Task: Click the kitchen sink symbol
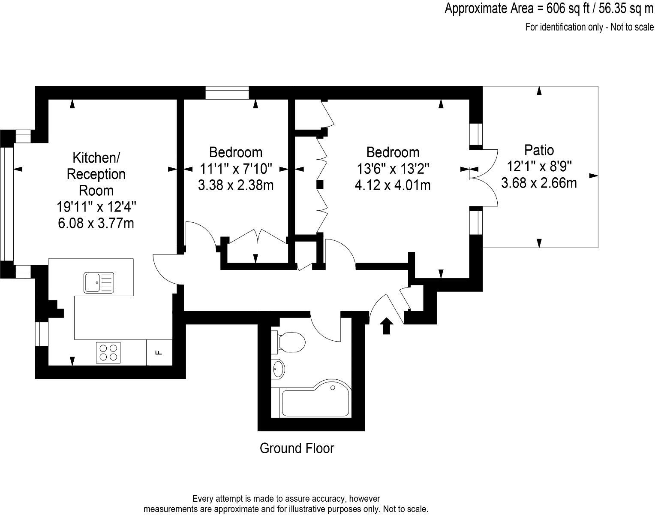pos(99,282)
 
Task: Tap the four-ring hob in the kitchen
pos(108,352)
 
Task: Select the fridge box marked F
pos(159,352)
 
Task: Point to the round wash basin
pos(278,369)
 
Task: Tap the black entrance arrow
pos(387,326)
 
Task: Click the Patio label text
pos(539,150)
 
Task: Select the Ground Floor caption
pos(297,448)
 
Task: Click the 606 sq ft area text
pos(549,8)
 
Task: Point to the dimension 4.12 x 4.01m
pos(393,185)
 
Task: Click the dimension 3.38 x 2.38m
pos(236,185)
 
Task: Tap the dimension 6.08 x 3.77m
pos(96,223)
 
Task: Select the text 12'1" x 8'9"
pos(539,167)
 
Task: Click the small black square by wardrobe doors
pos(320,185)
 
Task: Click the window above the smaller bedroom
pos(227,93)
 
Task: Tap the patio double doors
pos(484,178)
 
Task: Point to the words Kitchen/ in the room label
pos(96,158)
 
